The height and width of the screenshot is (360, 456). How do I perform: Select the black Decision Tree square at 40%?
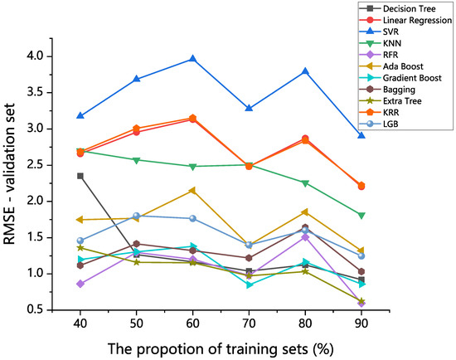point(80,176)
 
